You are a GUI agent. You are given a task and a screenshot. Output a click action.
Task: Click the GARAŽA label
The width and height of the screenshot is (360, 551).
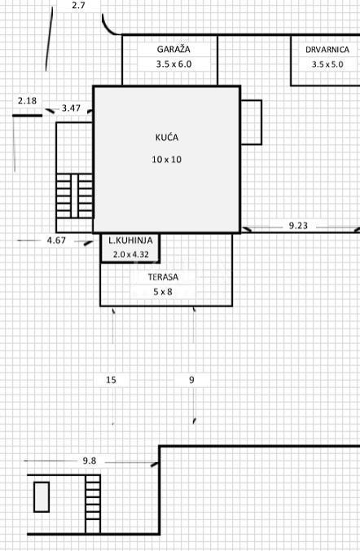[173, 49]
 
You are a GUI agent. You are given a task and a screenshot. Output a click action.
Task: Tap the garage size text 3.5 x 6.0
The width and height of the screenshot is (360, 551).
[173, 63]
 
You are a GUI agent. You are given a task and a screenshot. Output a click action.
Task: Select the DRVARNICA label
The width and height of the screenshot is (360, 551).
[327, 50]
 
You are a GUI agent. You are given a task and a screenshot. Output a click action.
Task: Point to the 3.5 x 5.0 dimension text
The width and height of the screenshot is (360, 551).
[328, 63]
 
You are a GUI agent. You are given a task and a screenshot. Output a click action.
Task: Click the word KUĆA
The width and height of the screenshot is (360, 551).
[166, 137]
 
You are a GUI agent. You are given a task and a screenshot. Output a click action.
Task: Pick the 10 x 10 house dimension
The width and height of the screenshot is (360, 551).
[166, 160]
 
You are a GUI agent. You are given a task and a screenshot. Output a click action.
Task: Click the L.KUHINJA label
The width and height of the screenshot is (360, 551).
[130, 241]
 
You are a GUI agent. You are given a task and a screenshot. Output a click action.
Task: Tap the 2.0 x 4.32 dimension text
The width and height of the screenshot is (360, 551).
[130, 254]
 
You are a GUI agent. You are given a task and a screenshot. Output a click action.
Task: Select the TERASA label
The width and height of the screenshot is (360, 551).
[162, 277]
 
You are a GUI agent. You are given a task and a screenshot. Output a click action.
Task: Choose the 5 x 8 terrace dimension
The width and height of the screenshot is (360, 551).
[162, 291]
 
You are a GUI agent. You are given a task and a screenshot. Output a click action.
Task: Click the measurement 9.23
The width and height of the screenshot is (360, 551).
[298, 226]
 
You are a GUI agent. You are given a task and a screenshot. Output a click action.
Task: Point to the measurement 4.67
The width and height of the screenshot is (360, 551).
[56, 240]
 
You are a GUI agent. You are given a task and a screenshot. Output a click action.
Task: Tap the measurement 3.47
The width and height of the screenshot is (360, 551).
[71, 108]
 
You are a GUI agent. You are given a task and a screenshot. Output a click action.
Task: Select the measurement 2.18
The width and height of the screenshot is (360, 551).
[27, 101]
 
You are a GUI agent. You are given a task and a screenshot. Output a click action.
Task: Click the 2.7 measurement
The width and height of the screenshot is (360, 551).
[78, 6]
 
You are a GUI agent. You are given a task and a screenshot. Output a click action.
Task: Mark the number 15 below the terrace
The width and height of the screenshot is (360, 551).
[111, 380]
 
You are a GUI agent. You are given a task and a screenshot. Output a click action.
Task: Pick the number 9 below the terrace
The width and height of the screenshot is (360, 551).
[191, 380]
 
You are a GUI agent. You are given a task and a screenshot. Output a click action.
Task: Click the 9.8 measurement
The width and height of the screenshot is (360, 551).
[89, 461]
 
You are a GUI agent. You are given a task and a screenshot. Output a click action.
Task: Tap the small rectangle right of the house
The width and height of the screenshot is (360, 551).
[251, 122]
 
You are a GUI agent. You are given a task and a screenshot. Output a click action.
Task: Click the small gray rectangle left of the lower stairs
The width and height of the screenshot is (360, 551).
[41, 496]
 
